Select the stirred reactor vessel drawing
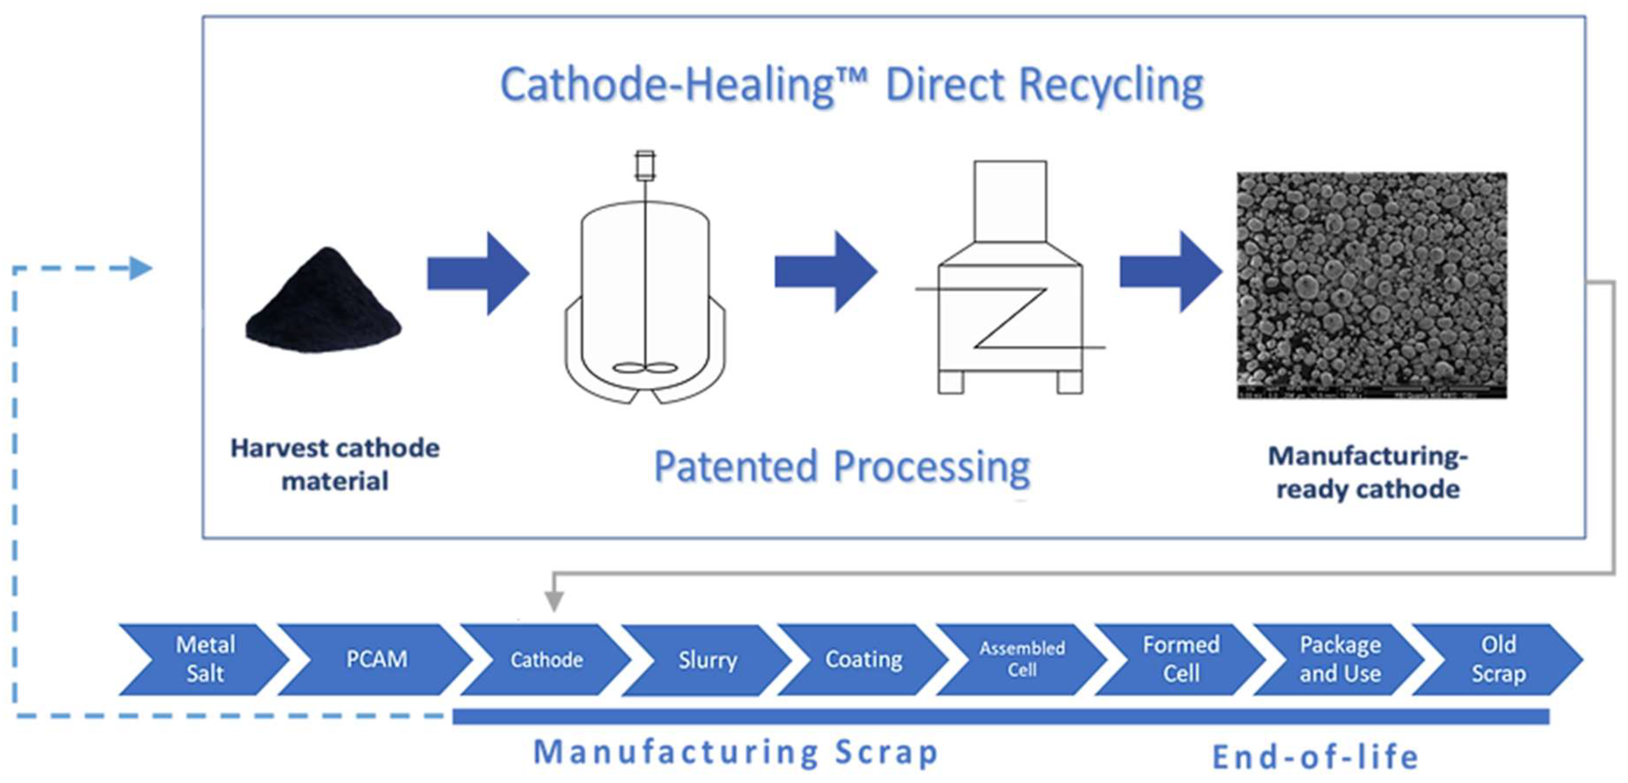645,291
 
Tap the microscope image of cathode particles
1371,285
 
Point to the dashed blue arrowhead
141,268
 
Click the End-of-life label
1315,757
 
